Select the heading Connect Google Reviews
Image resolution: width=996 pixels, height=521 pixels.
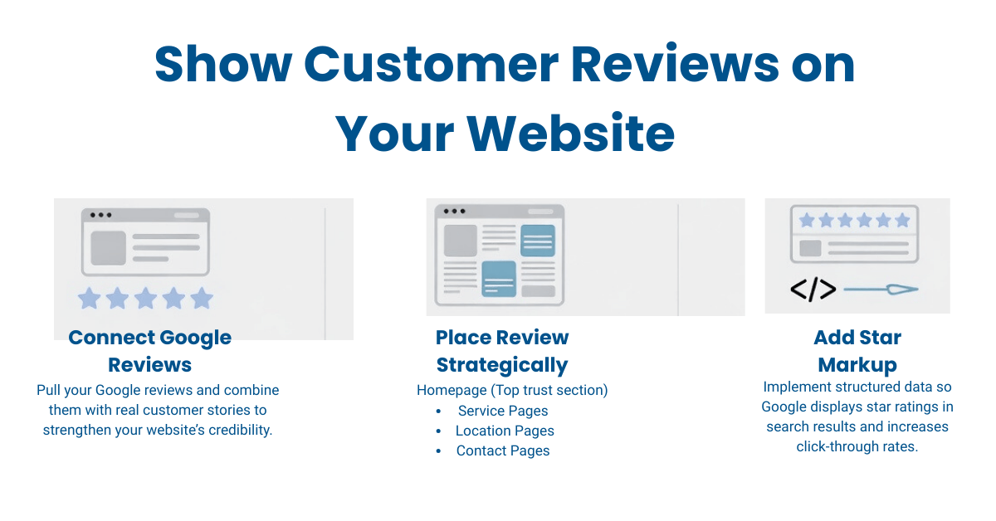tap(150, 351)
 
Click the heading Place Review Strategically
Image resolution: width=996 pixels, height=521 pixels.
tap(502, 351)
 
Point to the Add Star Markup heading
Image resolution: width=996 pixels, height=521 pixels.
tap(857, 351)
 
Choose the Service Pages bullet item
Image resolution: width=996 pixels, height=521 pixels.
tap(503, 411)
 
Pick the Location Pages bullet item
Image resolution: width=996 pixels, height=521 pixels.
tap(505, 431)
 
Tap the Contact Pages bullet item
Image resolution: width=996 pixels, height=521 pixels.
tap(503, 450)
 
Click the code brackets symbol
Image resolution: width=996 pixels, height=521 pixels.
tap(813, 290)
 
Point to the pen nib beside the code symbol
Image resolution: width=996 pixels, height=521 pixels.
tap(901, 290)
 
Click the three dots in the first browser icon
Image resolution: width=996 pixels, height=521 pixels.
tap(100, 215)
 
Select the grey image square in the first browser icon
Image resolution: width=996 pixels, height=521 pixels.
tap(108, 248)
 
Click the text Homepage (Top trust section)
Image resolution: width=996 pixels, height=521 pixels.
tap(512, 390)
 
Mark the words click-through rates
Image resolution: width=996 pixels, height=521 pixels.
tap(857, 446)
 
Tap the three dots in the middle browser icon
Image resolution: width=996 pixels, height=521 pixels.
tap(454, 212)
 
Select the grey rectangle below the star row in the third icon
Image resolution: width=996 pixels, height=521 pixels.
tap(810, 248)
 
